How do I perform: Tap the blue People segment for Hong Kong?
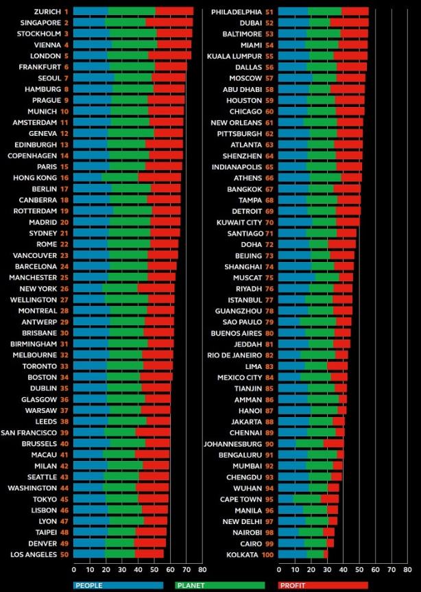coord(87,177)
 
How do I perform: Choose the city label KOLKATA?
coord(244,553)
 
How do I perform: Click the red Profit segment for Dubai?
coord(349,22)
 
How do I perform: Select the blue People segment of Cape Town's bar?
coord(286,498)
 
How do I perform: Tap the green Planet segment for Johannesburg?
coord(309,443)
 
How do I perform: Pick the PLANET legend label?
coord(194,585)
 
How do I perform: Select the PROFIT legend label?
coord(296,585)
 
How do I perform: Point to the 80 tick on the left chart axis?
coord(201,569)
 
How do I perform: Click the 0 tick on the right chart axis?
coord(279,569)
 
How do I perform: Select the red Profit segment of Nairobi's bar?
coord(328,531)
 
